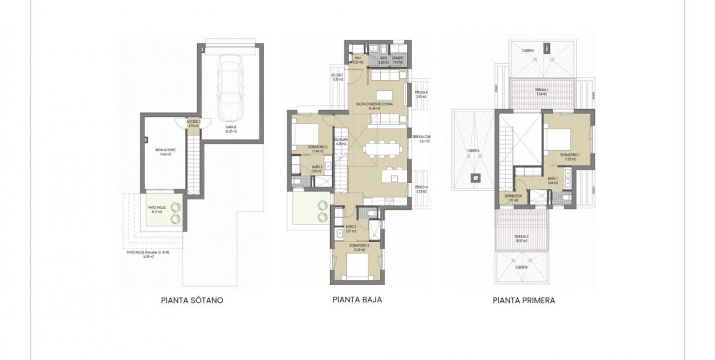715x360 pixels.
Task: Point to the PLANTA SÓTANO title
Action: tap(192, 301)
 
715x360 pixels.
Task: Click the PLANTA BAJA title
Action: tap(357, 300)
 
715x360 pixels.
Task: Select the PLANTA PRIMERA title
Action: tap(523, 301)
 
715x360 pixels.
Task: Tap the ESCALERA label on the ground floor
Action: tap(340, 140)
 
